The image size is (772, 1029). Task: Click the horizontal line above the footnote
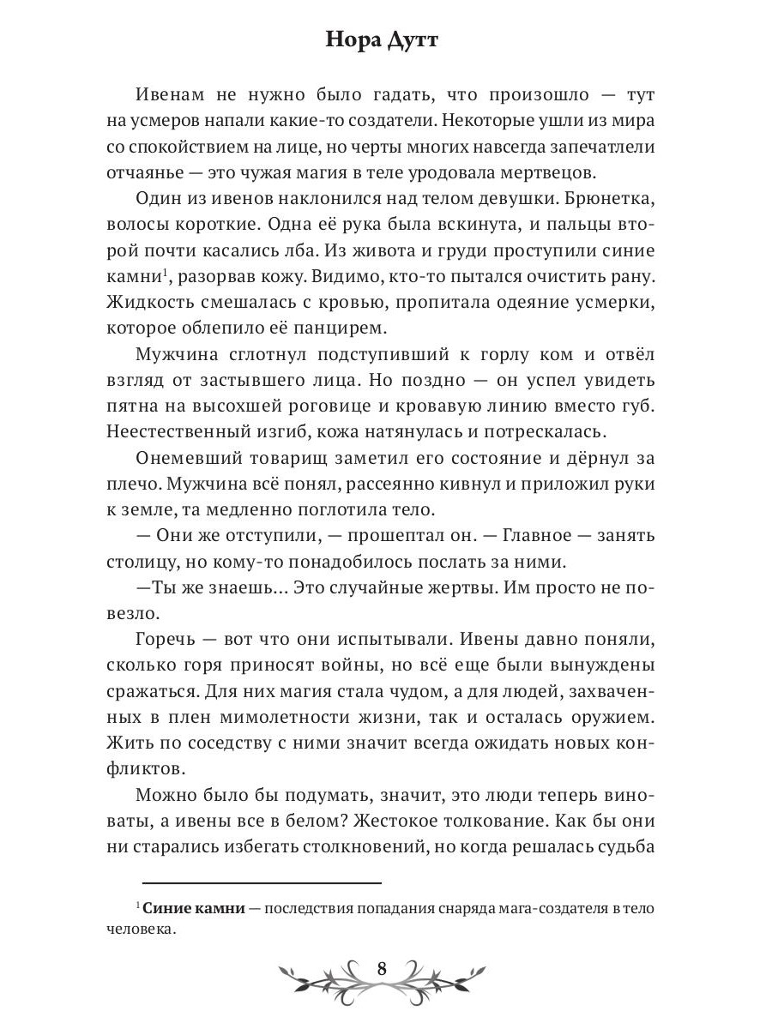(261, 882)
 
